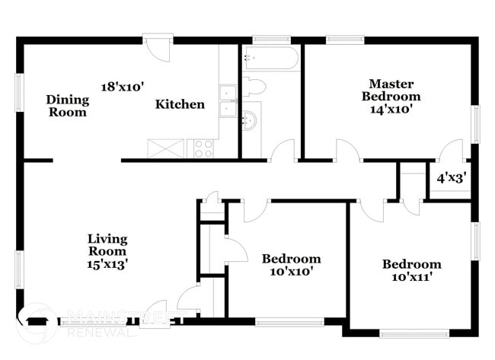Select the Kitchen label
(180, 104)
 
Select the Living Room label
(107, 245)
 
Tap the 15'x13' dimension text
(107, 264)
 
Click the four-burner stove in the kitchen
(203, 148)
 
